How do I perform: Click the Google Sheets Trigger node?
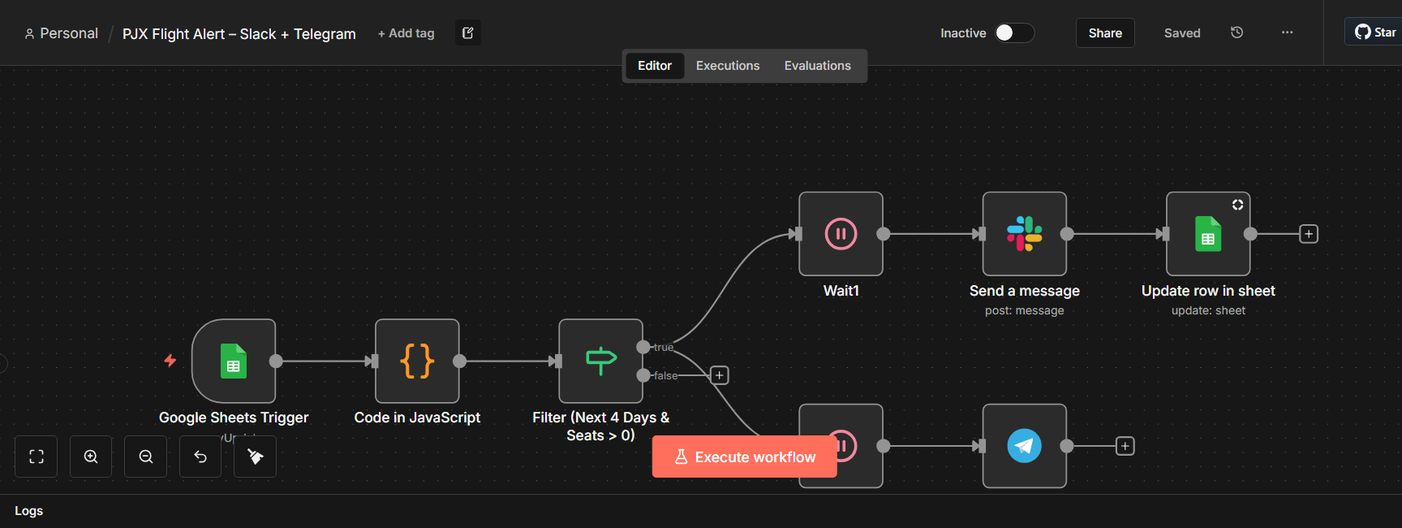(234, 361)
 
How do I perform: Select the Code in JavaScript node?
(417, 361)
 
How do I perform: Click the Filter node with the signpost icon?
(600, 361)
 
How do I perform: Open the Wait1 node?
(841, 234)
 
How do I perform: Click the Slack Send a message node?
(1024, 234)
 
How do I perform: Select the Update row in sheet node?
(1208, 234)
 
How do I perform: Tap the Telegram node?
(1024, 446)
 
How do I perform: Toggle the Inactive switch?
(1014, 32)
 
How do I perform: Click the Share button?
(1105, 33)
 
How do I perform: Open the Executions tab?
(728, 66)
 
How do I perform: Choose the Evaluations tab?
(817, 66)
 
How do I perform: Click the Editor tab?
(655, 66)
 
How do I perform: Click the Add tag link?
(406, 33)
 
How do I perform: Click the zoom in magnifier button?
(91, 457)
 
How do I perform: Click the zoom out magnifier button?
(146, 457)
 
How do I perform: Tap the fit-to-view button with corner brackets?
(37, 457)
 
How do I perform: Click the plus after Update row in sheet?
(1309, 234)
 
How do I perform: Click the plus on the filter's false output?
(720, 375)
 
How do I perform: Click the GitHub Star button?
(1376, 32)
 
